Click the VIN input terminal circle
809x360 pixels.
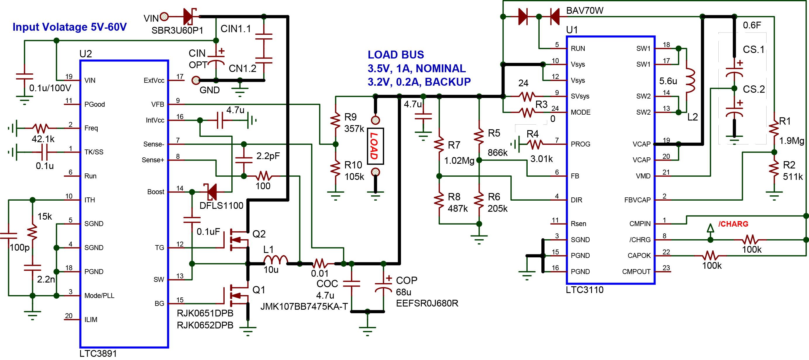click(164, 16)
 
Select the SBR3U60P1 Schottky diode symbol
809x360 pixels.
click(189, 16)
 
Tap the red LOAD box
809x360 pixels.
click(375, 146)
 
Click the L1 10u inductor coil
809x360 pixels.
click(276, 260)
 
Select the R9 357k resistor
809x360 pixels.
click(335, 120)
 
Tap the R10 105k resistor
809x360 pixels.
click(335, 168)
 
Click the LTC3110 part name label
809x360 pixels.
click(584, 290)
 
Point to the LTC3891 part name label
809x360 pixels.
click(98, 353)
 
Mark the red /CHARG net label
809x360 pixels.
click(733, 224)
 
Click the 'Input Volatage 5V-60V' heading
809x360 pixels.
click(69, 27)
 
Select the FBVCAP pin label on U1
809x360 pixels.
click(637, 200)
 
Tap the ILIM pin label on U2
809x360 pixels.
click(91, 319)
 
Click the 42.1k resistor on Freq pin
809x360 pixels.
click(41, 128)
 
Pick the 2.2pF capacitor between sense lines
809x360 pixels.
click(244, 160)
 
